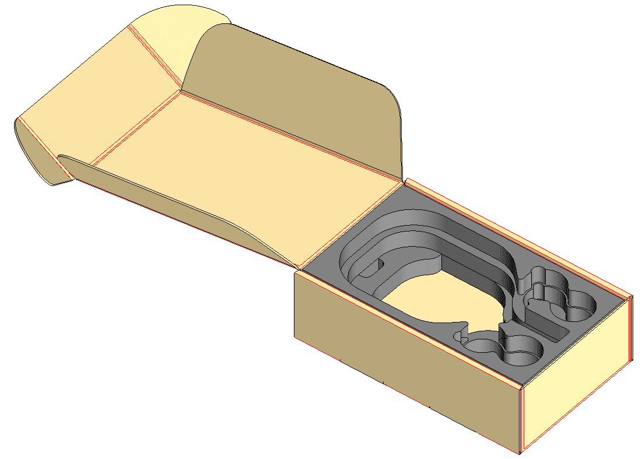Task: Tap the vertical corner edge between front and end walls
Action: click(x=521, y=420)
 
